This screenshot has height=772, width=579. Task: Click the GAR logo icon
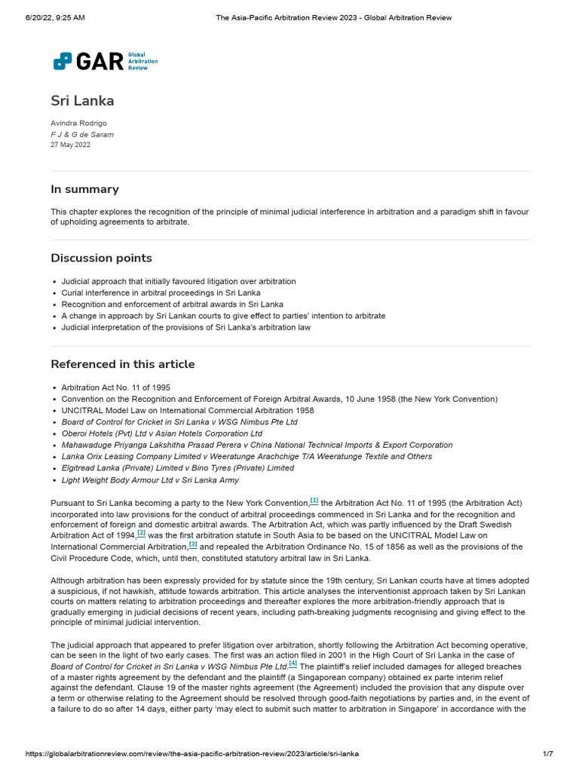(x=63, y=61)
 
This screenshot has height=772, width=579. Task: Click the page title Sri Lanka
(x=82, y=100)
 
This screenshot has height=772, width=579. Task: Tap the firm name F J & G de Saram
(x=82, y=134)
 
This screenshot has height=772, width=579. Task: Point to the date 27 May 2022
(x=70, y=145)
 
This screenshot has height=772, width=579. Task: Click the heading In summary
(x=84, y=189)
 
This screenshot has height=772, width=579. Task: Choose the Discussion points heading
(x=101, y=258)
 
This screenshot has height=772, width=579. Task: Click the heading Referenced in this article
(x=122, y=364)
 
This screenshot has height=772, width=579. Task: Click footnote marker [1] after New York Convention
(x=314, y=501)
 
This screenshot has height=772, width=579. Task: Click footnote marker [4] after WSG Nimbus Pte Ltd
(x=293, y=664)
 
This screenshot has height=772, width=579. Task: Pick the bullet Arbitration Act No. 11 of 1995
(x=115, y=388)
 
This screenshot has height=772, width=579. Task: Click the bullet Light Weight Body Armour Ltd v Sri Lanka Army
(x=150, y=480)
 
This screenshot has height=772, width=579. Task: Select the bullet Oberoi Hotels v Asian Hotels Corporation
(x=161, y=433)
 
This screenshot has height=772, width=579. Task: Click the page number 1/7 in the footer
(x=548, y=754)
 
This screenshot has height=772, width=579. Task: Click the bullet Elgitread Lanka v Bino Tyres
(x=177, y=468)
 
